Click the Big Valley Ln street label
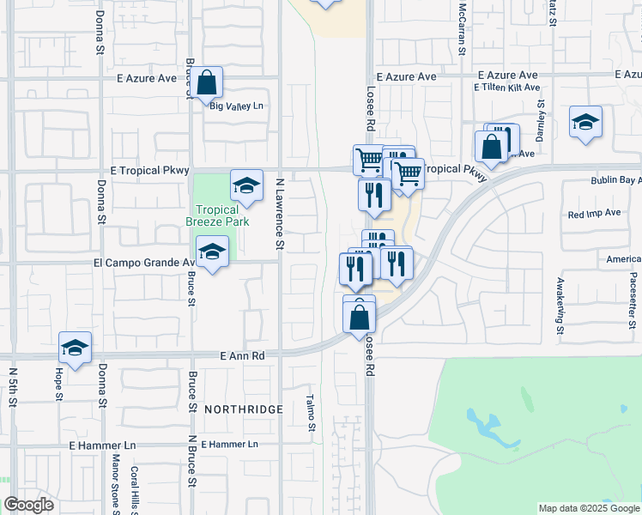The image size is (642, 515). (x=236, y=106)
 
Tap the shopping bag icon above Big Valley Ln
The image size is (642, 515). (x=207, y=82)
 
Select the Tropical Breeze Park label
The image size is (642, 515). (x=217, y=215)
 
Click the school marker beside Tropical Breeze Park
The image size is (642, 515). (x=246, y=186)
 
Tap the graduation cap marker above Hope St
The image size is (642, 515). (x=75, y=348)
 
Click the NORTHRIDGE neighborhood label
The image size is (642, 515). (x=243, y=409)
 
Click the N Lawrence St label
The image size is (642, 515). (x=280, y=215)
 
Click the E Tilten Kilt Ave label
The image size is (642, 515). (x=506, y=87)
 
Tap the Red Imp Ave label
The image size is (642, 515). (x=594, y=212)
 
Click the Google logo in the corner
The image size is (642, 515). (x=28, y=505)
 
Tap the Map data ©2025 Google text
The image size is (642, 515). (x=589, y=508)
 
